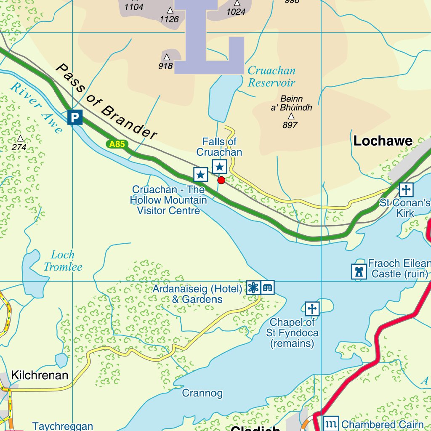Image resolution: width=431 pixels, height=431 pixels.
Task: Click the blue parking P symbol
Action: (74, 117)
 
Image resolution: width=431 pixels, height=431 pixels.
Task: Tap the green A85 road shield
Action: (117, 144)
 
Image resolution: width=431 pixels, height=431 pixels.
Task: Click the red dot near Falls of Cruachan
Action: (221, 181)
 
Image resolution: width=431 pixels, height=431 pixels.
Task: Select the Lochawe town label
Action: (383, 141)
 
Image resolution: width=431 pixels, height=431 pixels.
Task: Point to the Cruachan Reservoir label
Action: (271, 77)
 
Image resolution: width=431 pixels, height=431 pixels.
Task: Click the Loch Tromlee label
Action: (63, 261)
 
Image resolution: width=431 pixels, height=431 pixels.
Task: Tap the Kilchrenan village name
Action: (40, 375)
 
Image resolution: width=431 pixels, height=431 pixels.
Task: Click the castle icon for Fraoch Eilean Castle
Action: (359, 271)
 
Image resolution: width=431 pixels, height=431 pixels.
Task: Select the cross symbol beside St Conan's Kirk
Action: (406, 190)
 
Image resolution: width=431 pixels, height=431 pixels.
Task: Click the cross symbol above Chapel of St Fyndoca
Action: (312, 309)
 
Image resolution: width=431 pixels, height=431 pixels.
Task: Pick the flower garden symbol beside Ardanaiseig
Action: (253, 287)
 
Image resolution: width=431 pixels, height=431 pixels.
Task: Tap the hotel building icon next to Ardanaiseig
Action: (267, 287)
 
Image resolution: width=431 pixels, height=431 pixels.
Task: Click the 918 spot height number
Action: (166, 66)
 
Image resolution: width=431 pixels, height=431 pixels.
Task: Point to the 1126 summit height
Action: (169, 19)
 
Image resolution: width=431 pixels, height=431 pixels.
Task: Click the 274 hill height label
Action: (19, 147)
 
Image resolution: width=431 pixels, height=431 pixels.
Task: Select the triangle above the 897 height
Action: (291, 116)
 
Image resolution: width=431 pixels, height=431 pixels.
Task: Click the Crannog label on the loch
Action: (202, 394)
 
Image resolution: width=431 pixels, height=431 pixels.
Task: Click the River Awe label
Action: (36, 107)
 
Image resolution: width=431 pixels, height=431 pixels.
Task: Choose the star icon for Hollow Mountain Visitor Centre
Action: (201, 174)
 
